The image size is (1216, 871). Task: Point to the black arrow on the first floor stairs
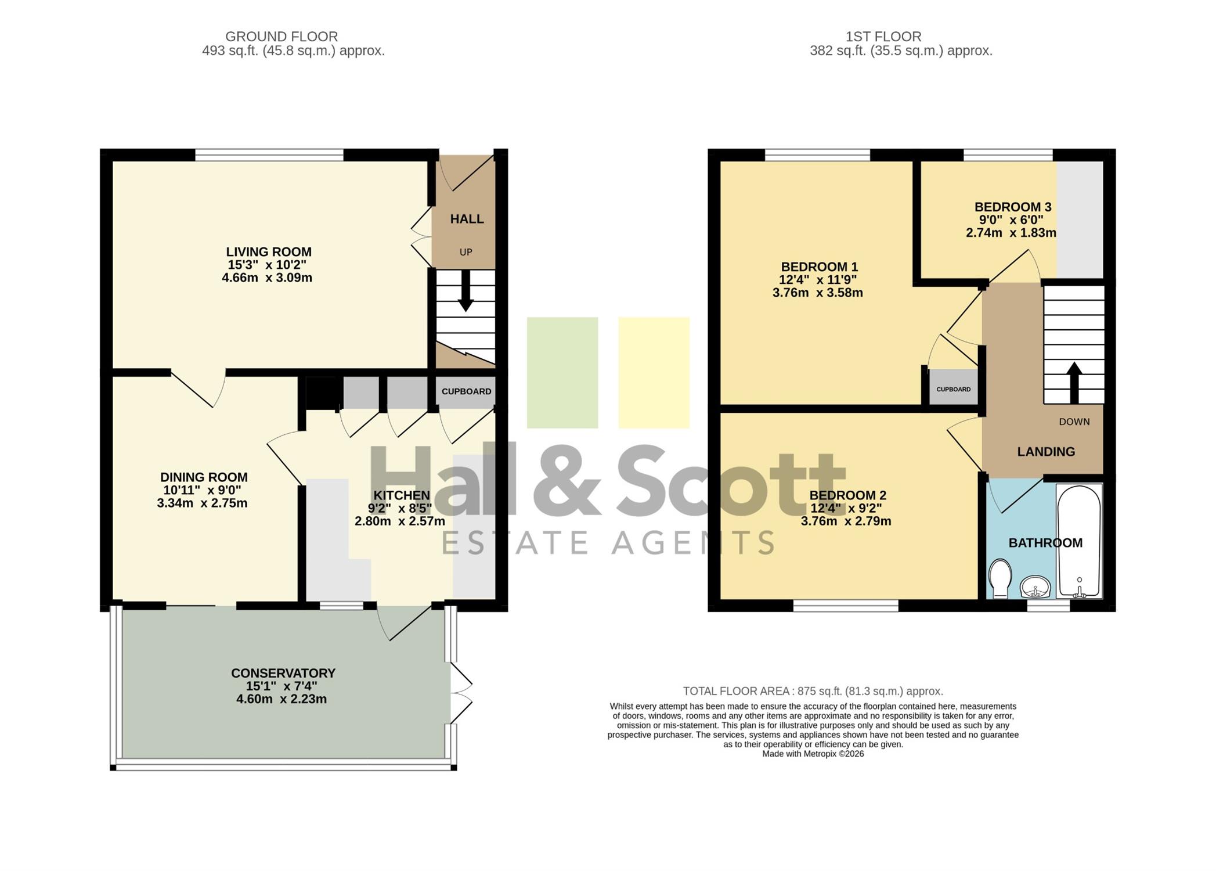(1074, 382)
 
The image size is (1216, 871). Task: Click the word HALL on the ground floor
(467, 219)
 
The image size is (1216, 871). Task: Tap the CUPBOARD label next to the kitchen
(466, 391)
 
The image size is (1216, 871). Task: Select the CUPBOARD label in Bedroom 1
(953, 389)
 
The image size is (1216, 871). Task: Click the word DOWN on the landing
(1074, 422)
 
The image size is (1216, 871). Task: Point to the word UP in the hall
(466, 252)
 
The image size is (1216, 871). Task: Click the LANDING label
(1046, 451)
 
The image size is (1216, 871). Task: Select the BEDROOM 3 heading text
(1013, 207)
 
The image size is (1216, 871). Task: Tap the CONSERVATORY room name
(283, 673)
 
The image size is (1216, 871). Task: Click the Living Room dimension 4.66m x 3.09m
(267, 278)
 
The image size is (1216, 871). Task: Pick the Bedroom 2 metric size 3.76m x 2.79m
(846, 521)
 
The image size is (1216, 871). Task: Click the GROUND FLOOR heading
(282, 37)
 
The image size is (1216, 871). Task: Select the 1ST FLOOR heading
(883, 37)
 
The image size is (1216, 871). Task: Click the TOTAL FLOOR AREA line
(813, 691)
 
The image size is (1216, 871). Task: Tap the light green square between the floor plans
(562, 373)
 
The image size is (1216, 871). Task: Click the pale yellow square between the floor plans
(654, 373)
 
